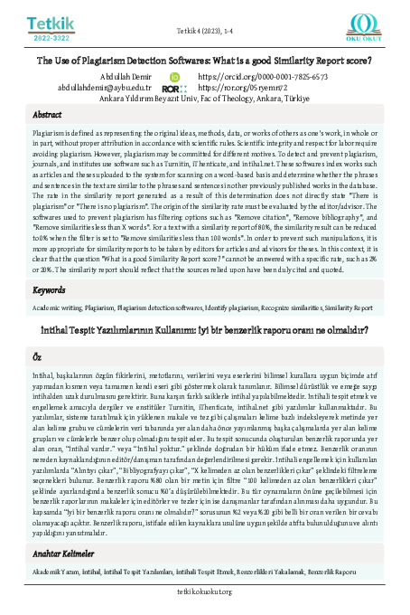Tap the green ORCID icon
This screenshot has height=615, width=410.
pos(175,79)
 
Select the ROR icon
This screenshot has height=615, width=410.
pos(174,90)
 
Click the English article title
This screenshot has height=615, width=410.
pos(204,61)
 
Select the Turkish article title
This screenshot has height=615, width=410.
pos(204,303)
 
